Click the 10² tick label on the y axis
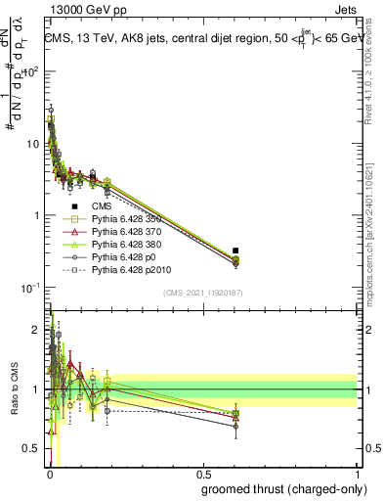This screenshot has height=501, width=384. (33, 71)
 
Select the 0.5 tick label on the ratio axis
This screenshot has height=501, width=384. (33, 450)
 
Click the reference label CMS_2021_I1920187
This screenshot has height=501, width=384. (202, 293)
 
